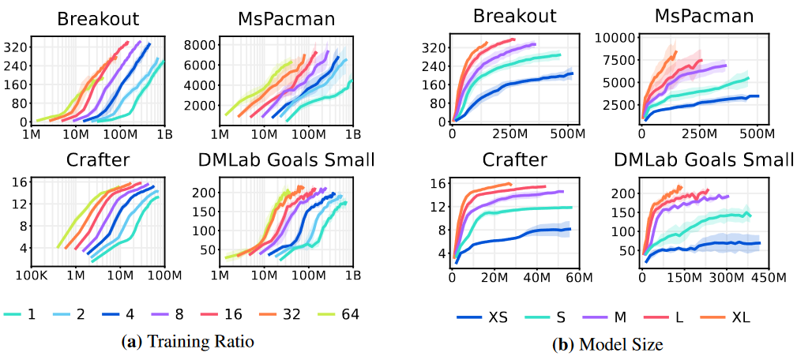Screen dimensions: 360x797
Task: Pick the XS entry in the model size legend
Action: tap(483, 317)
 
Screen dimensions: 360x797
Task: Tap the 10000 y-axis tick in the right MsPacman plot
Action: tap(615, 37)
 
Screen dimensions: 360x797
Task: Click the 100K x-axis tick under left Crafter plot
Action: tap(32, 276)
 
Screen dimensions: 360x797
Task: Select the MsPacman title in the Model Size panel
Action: tap(704, 16)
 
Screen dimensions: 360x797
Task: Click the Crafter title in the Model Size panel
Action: tap(514, 160)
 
